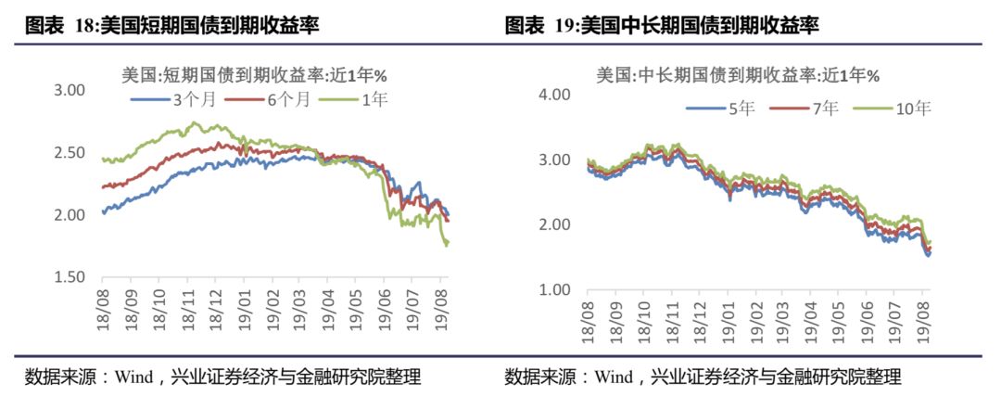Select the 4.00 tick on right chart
553,95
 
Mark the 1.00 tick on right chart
553,289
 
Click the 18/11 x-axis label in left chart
186,305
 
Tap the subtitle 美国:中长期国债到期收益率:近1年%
737,74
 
